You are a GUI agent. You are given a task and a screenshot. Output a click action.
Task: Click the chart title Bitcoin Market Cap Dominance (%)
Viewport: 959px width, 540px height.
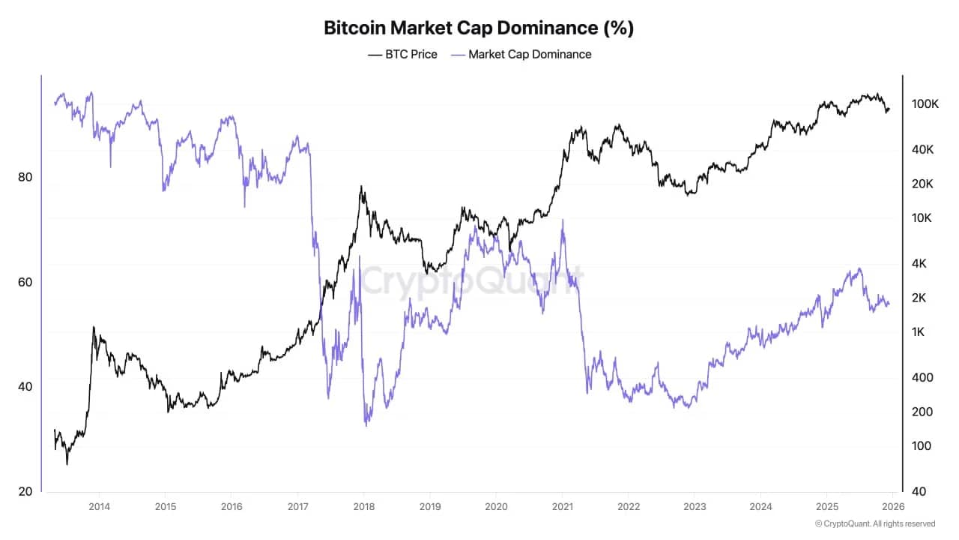point(479,28)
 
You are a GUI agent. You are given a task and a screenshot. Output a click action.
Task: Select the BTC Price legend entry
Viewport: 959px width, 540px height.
point(402,54)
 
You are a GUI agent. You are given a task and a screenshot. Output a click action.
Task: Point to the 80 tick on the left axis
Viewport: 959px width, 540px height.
point(24,178)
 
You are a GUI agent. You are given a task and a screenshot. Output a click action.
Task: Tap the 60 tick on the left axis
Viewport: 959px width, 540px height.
point(24,282)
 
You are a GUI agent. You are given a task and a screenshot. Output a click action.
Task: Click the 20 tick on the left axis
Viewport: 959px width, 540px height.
point(24,491)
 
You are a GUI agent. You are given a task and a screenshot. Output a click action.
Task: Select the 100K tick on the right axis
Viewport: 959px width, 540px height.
point(925,104)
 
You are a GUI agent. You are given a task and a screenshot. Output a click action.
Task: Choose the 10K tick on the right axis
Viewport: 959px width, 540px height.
point(922,218)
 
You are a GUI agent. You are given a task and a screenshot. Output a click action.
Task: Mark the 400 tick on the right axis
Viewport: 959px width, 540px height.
point(922,377)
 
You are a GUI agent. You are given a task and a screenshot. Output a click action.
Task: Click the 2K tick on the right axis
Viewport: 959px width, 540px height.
point(920,298)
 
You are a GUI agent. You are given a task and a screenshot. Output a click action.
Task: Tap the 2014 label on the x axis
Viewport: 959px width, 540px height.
point(100,507)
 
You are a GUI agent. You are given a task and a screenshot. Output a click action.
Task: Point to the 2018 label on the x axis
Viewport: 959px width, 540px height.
point(363,507)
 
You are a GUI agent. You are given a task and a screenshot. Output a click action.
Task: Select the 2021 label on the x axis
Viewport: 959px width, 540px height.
point(562,507)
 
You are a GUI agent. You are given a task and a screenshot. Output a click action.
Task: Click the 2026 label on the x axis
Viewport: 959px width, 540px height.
point(893,507)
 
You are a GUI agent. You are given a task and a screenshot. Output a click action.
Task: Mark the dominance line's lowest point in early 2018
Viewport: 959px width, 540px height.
point(366,425)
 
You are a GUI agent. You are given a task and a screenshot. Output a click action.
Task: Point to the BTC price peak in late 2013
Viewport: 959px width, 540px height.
point(93,327)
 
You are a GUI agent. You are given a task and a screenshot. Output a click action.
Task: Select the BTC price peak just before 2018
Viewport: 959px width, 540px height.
point(362,187)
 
